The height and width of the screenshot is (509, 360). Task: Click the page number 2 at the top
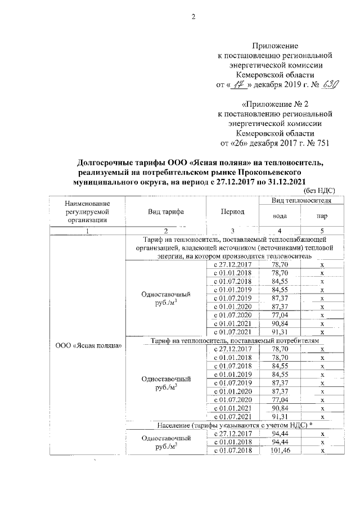[x=192, y=16]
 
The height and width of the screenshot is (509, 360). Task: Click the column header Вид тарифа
[x=166, y=211]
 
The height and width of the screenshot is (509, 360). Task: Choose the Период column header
[x=232, y=211]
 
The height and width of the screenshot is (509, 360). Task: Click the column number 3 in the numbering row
[x=232, y=231]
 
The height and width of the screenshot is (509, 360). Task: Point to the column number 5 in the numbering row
[x=322, y=231]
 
